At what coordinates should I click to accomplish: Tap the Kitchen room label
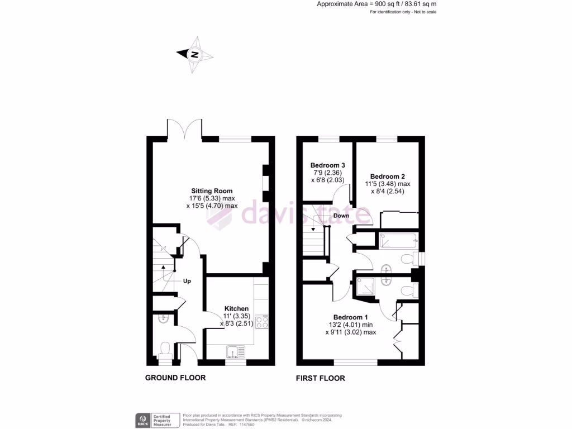pos(236,308)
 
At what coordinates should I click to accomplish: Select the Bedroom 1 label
pos(350,317)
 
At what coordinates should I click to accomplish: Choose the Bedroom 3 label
pos(327,165)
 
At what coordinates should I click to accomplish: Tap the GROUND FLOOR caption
pos(175,378)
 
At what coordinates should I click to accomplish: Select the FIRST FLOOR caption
pos(320,378)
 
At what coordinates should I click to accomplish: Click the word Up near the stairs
pos(187,281)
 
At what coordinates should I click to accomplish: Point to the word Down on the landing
pos(341,216)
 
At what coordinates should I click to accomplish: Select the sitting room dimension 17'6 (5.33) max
pos(212,198)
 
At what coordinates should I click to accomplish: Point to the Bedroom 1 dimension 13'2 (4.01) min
pos(351,325)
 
